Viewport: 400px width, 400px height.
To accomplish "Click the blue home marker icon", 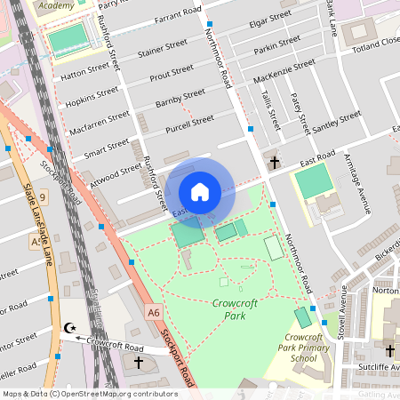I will coord(200,192).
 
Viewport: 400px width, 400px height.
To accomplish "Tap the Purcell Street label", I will coord(189,122).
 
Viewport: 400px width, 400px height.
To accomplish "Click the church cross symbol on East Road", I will coord(275,163).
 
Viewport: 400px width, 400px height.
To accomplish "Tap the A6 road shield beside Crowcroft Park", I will coord(154,312).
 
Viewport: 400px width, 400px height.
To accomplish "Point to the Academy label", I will coord(57,5).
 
